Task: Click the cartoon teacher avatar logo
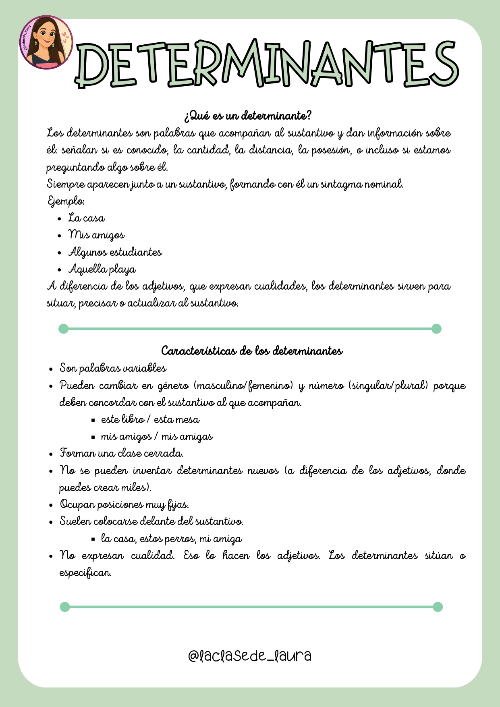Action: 46,42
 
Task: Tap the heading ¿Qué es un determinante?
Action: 248,116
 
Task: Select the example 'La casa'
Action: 87,218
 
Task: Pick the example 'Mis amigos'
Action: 97,235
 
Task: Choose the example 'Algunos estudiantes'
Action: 115,252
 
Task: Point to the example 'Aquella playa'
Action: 102,269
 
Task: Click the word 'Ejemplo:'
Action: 66,201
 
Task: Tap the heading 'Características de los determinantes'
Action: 252,351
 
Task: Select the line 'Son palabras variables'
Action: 113,368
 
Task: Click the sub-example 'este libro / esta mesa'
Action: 150,419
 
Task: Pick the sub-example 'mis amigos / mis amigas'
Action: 157,437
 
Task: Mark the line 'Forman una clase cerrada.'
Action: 122,453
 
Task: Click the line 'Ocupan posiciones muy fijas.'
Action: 124,504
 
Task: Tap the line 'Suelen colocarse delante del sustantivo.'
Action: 151,521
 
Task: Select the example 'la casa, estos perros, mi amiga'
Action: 172,539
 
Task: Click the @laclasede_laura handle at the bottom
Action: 250,655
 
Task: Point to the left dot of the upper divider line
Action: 64,329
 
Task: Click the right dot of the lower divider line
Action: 438,607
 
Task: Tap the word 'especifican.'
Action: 85,572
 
